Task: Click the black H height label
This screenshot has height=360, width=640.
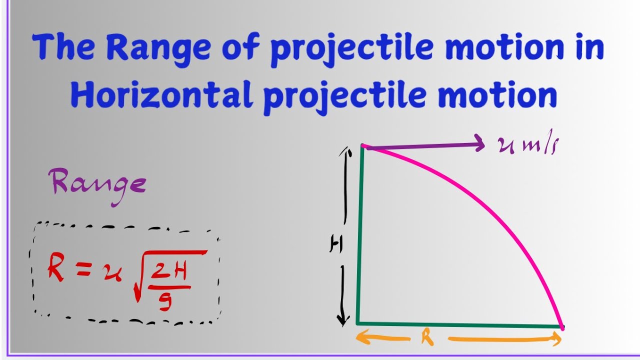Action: pos(336,244)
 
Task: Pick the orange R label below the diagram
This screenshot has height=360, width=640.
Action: pos(426,338)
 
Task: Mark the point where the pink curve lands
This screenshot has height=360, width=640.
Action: pos(562,327)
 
